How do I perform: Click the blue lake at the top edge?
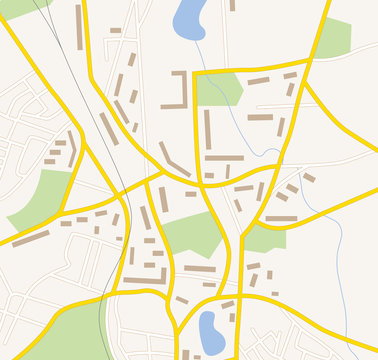click(189, 17)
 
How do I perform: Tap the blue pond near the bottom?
click(210, 331)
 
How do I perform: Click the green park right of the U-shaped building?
click(218, 89)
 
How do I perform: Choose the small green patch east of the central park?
click(265, 238)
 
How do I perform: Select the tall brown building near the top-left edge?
click(79, 20)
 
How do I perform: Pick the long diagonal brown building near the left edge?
click(30, 239)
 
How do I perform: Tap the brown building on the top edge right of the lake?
click(232, 5)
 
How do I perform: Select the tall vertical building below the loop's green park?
click(207, 129)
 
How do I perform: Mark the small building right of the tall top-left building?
click(115, 30)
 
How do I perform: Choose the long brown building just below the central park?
click(199, 268)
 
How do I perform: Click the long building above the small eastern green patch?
click(281, 218)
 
